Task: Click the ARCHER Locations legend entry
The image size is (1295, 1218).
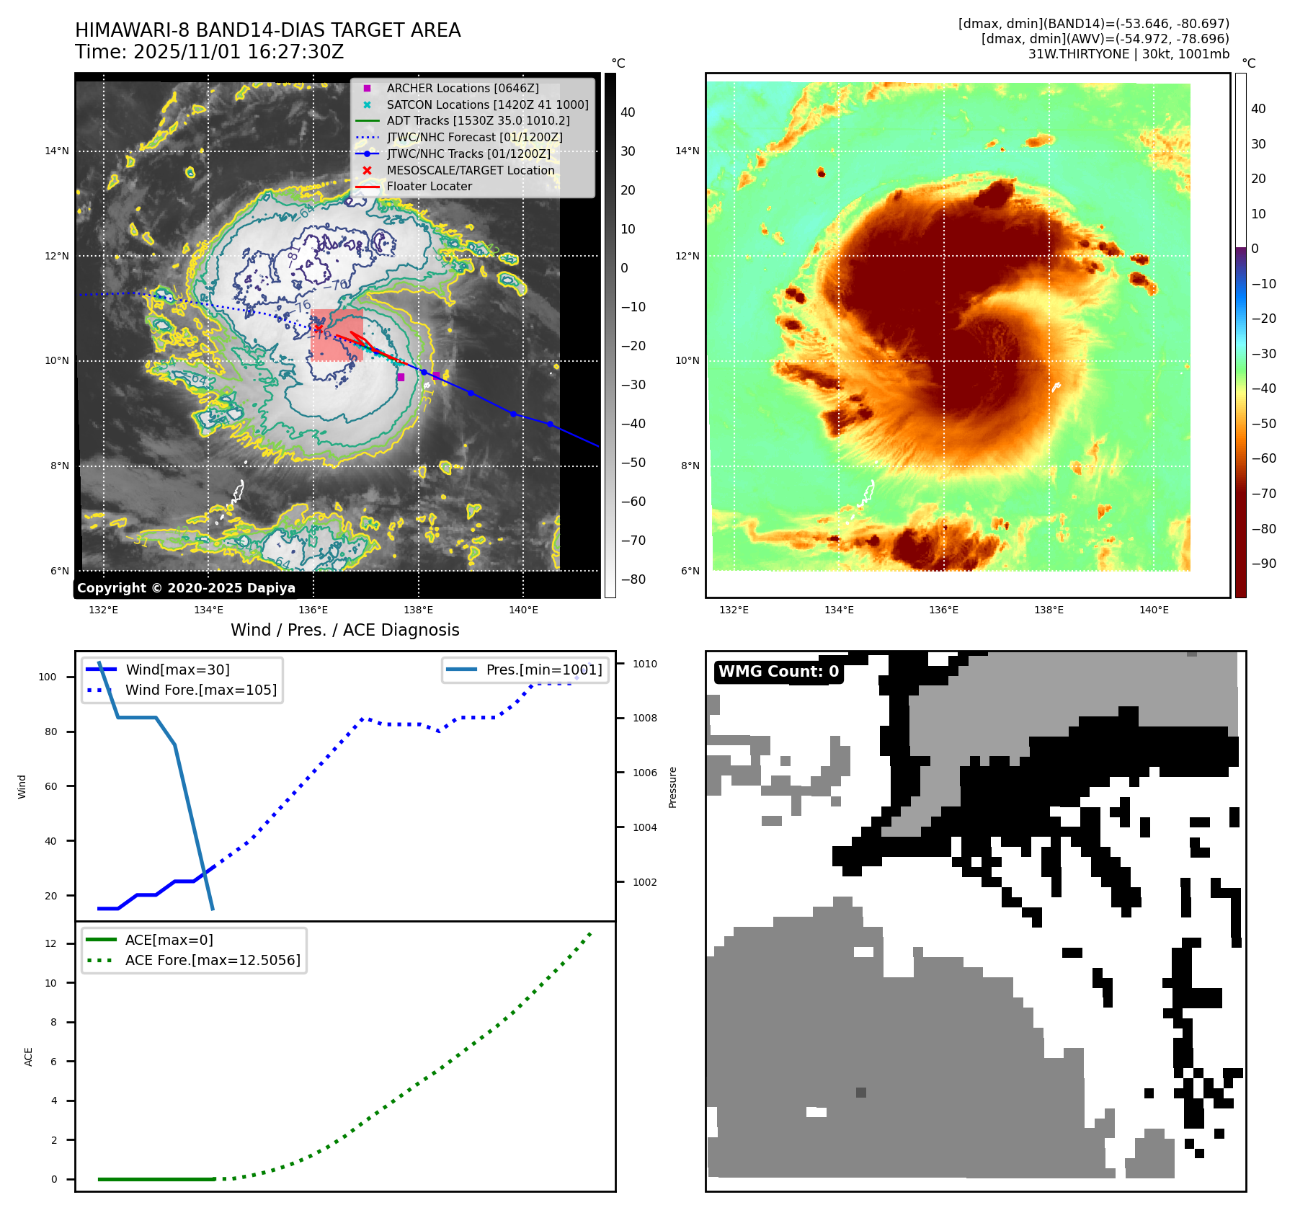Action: click(x=462, y=88)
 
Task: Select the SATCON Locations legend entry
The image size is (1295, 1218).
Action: click(x=487, y=105)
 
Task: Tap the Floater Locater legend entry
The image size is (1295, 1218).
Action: click(x=429, y=186)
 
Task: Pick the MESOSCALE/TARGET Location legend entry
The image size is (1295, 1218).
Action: click(x=470, y=170)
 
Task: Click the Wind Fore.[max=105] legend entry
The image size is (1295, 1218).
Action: click(x=200, y=690)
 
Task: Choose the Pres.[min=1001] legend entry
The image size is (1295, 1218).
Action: click(x=543, y=670)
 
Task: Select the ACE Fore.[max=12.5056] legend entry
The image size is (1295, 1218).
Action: click(x=213, y=960)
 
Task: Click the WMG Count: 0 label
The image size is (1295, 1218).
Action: click(x=778, y=672)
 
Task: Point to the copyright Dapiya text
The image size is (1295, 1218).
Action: click(x=186, y=588)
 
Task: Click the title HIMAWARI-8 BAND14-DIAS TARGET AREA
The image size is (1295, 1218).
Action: click(x=267, y=30)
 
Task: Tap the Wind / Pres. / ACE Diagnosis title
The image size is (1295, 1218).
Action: click(x=344, y=630)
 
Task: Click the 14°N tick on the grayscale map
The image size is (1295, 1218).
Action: click(x=57, y=151)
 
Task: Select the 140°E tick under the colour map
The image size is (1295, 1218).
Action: click(x=1153, y=610)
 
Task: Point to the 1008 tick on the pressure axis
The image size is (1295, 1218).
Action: click(x=644, y=718)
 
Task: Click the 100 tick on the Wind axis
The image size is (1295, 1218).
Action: click(x=48, y=677)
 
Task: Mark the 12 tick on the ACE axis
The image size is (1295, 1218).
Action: click(x=50, y=943)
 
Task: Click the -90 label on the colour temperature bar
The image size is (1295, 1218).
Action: click(x=1263, y=564)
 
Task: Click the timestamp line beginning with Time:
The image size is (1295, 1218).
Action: click(x=209, y=52)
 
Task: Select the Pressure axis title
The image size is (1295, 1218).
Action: click(x=672, y=787)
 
